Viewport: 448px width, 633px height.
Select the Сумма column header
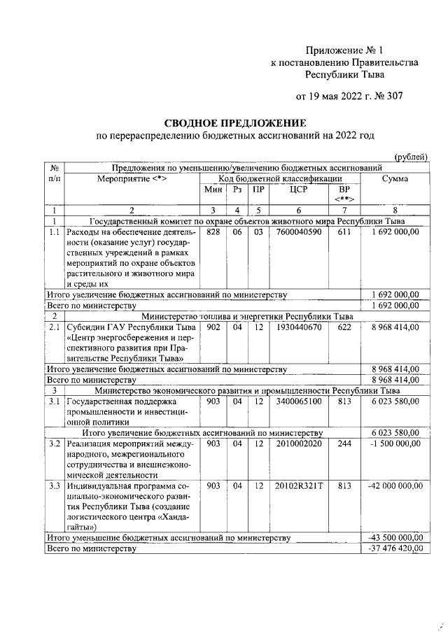click(x=395, y=179)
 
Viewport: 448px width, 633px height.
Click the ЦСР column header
click(x=299, y=190)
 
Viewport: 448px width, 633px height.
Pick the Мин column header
click(x=213, y=190)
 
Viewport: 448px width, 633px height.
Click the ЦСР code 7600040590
click(x=299, y=232)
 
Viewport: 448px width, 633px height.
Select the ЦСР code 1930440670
click(x=299, y=327)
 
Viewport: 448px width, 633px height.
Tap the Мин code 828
click(x=213, y=232)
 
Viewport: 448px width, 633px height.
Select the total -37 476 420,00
click(x=395, y=549)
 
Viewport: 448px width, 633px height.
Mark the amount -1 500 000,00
click(x=395, y=443)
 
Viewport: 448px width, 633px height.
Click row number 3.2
click(x=54, y=443)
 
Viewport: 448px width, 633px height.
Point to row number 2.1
click(x=54, y=327)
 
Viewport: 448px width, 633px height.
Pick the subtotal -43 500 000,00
click(x=395, y=538)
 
